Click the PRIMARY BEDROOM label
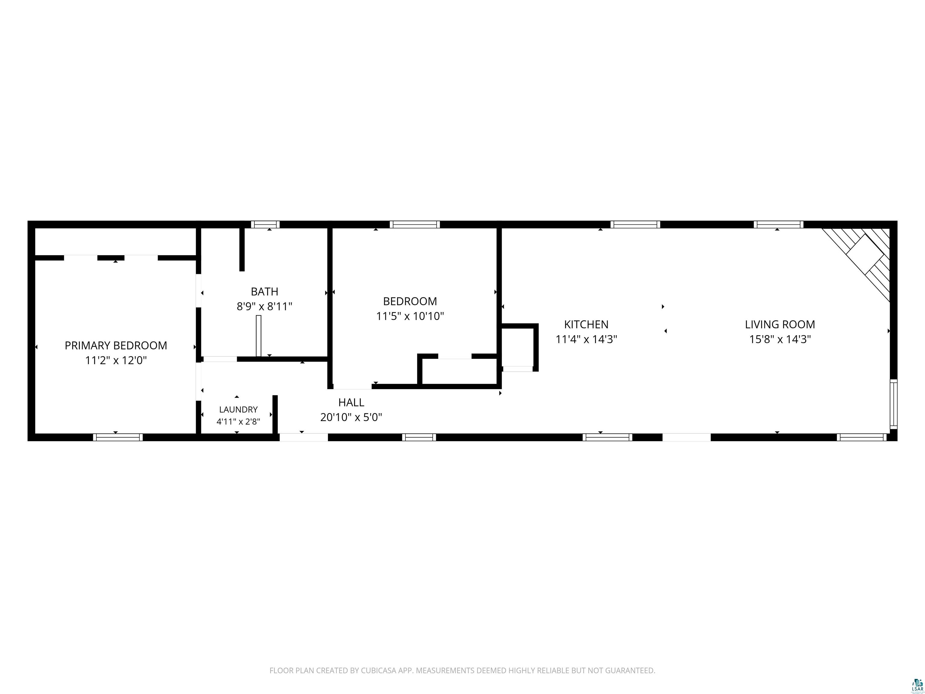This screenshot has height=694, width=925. pyautogui.click(x=116, y=345)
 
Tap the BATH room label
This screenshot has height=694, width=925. pyautogui.click(x=264, y=292)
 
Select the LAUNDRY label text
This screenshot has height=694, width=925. pyautogui.click(x=238, y=410)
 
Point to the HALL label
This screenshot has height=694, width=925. pyautogui.click(x=351, y=402)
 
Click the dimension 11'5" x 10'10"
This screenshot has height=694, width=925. pyautogui.click(x=410, y=316)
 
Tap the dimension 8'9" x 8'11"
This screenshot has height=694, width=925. pyautogui.click(x=264, y=307)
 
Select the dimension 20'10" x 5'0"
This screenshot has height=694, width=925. pyautogui.click(x=351, y=417)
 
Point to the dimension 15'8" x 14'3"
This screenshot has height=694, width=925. pyautogui.click(x=780, y=339)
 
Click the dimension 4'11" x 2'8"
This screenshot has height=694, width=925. pyautogui.click(x=238, y=422)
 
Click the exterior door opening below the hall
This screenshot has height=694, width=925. pyautogui.click(x=304, y=437)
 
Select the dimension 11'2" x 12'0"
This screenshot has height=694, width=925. pyautogui.click(x=116, y=361)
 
